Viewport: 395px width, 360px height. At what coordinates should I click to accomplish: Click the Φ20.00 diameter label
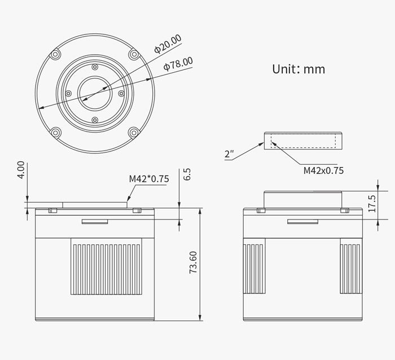[168, 44]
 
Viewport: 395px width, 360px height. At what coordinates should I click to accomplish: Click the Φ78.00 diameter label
[178, 63]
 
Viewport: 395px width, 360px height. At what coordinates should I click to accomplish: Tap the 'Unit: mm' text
[299, 69]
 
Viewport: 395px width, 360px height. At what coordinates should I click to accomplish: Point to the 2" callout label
[229, 154]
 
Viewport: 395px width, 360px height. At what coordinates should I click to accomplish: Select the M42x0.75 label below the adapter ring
[323, 170]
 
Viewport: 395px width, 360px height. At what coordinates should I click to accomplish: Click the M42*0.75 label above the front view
[149, 179]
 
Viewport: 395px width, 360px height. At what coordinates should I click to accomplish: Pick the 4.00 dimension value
[21, 170]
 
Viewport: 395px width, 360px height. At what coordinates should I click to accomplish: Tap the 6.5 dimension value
[187, 174]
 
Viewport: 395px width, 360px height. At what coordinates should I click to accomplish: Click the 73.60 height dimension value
[193, 262]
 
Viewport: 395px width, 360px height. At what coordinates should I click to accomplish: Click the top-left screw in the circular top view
[55, 54]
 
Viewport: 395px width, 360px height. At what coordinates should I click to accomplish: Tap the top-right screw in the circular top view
[133, 54]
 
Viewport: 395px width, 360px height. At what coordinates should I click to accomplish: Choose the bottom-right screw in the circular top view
[133, 132]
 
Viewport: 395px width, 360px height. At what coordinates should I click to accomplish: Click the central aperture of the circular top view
[94, 93]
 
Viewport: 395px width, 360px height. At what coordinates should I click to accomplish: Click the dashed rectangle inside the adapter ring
[302, 140]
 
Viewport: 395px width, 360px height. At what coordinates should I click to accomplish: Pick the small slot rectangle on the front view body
[95, 221]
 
